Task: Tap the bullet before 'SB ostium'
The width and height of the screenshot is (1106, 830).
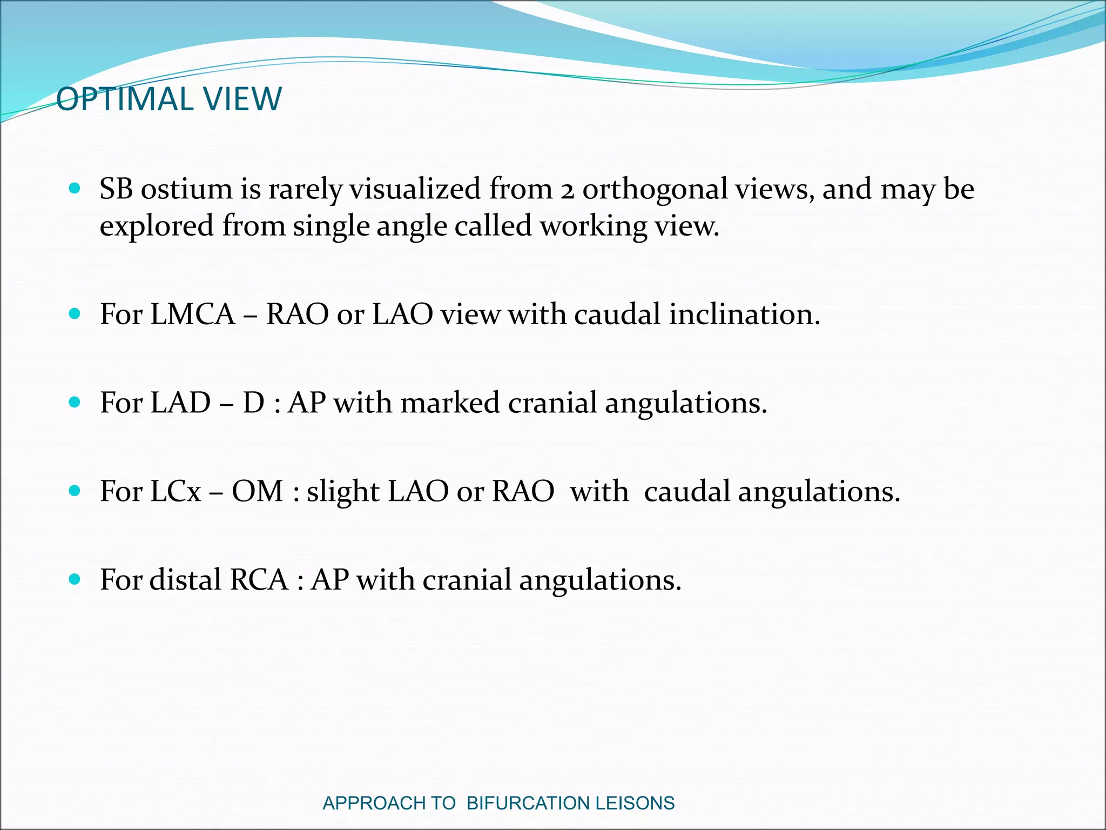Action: point(75,189)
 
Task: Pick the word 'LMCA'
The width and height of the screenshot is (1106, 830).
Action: point(193,314)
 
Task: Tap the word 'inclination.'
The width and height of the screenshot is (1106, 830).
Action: point(744,314)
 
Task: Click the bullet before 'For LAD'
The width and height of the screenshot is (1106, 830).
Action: point(75,403)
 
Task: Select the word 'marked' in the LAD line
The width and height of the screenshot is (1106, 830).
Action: point(450,403)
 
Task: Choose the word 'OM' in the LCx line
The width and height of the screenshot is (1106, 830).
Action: point(258,492)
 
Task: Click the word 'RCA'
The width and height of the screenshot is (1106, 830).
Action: point(259,580)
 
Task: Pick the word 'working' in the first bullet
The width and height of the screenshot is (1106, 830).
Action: point(593,226)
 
